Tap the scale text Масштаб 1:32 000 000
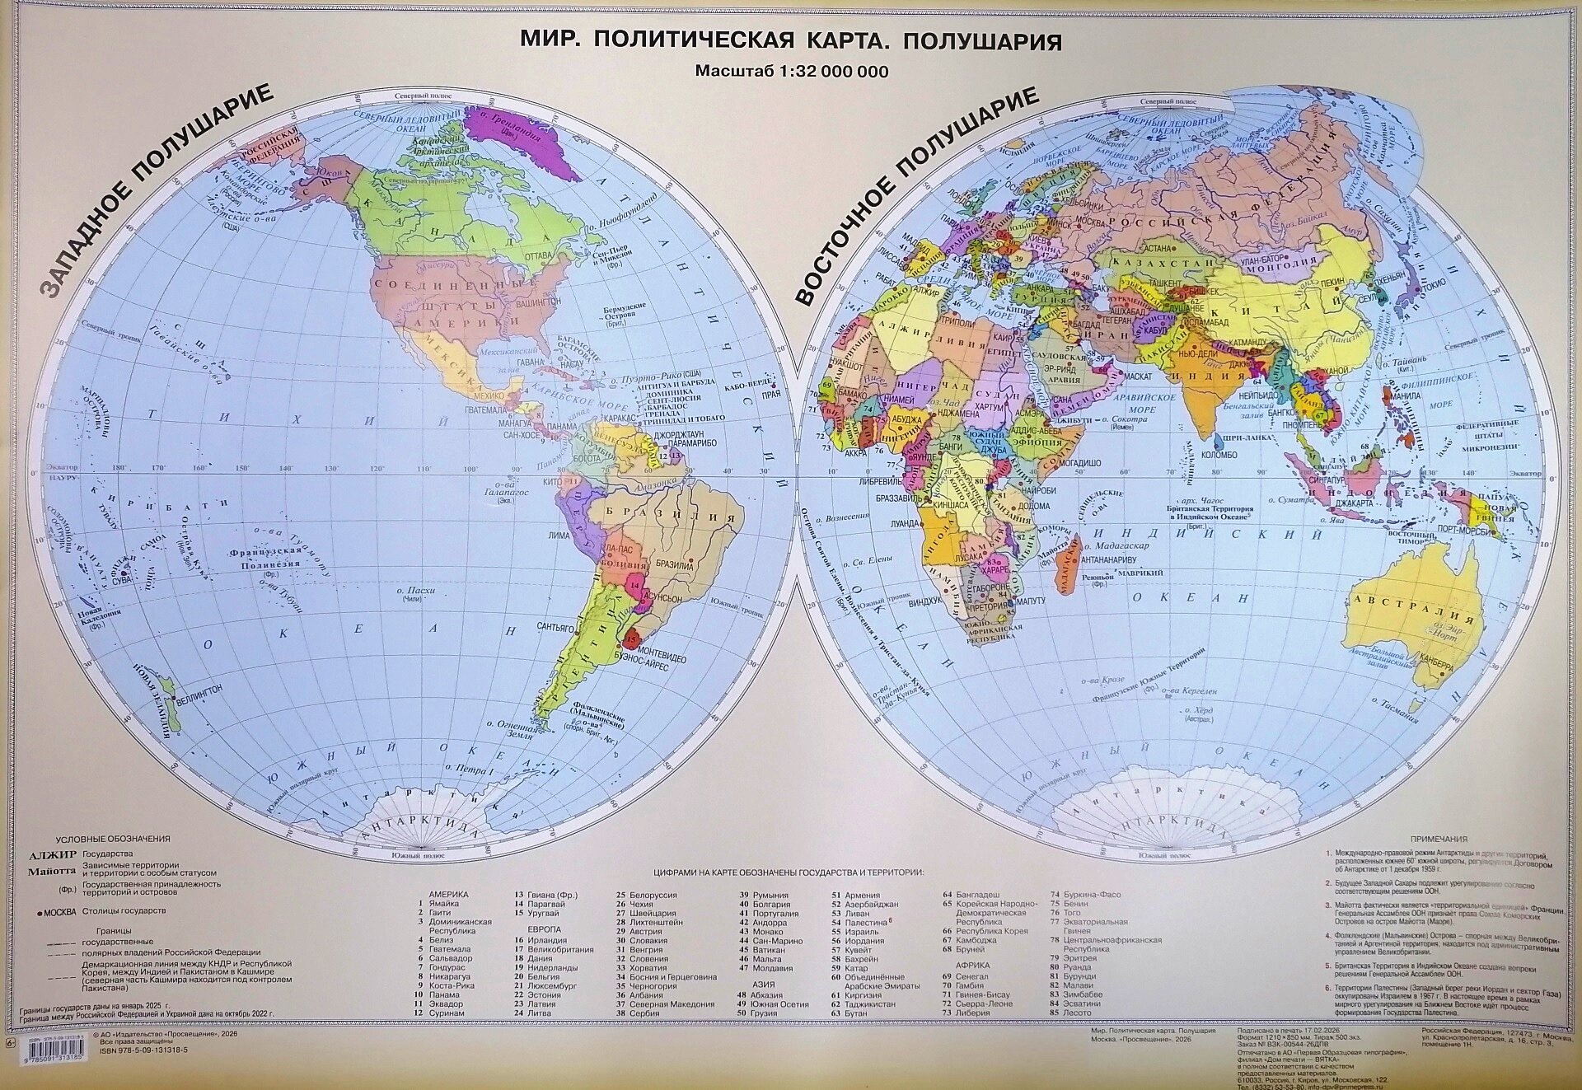[791, 72]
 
